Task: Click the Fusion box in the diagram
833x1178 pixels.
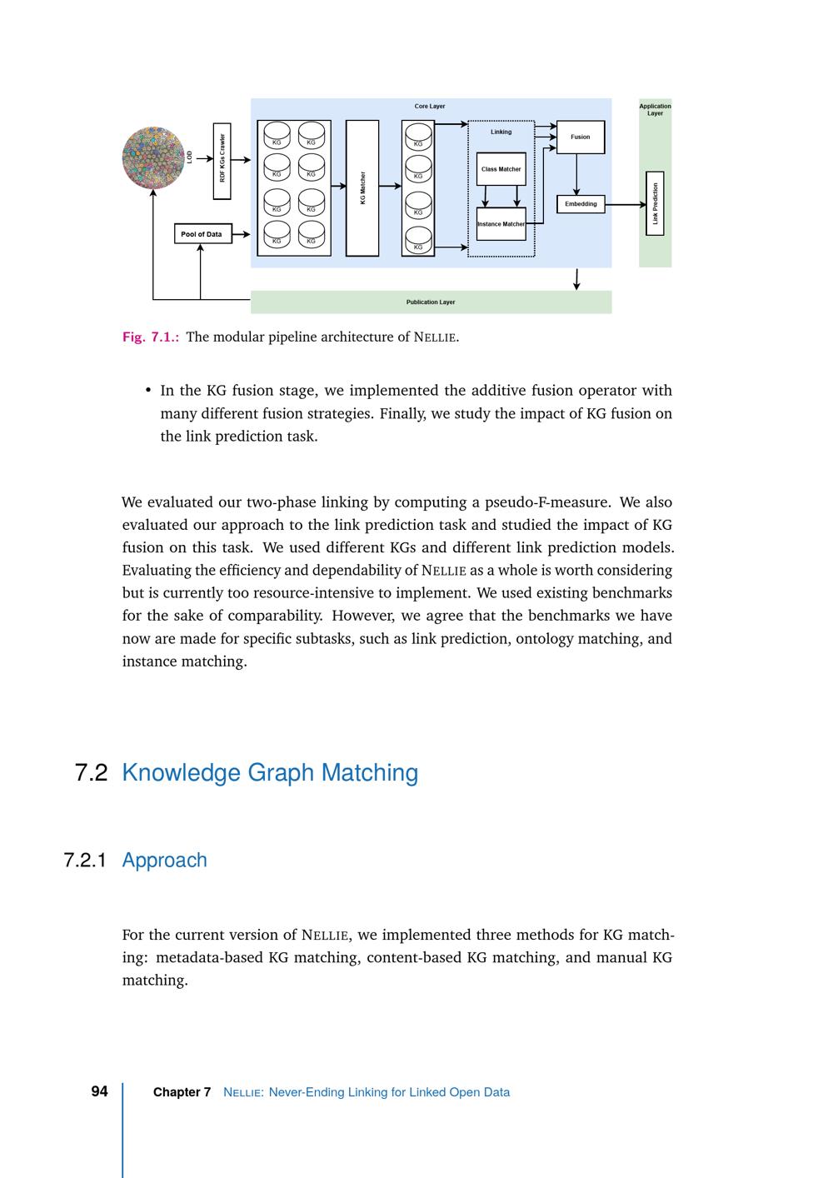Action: point(580,137)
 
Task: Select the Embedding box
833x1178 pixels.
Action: point(580,203)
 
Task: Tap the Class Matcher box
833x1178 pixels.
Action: point(501,169)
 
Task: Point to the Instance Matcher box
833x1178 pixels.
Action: point(501,223)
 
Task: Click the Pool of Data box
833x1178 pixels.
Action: point(202,234)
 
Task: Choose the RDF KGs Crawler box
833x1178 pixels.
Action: point(222,162)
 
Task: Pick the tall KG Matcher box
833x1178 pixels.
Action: point(362,188)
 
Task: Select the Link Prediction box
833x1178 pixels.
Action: point(655,203)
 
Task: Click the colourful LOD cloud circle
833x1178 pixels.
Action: point(153,158)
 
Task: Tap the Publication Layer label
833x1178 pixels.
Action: point(431,302)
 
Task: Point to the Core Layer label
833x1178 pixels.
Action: point(430,107)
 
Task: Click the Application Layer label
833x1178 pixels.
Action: point(655,109)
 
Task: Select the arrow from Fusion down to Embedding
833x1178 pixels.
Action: point(576,173)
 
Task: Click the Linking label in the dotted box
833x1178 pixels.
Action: point(501,132)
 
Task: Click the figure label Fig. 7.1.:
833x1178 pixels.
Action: point(151,337)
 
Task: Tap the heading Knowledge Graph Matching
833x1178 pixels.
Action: point(270,772)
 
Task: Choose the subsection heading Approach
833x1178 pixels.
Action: point(164,860)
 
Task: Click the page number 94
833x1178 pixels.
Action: point(99,1091)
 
